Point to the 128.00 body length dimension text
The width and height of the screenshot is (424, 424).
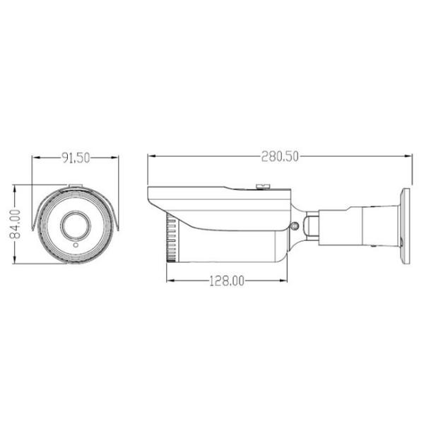[226, 281]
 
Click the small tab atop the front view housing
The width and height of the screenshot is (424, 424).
[75, 187]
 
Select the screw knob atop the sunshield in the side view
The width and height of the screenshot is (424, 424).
[263, 186]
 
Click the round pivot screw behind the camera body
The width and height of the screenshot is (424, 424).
[295, 226]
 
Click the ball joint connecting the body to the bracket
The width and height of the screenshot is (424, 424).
[311, 225]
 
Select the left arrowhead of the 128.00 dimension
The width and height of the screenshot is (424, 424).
[169, 281]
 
